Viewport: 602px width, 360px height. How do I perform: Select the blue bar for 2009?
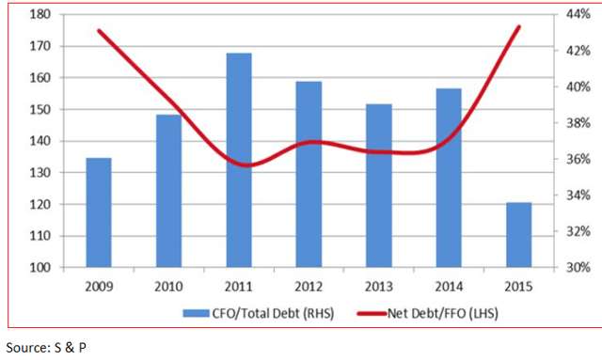99,212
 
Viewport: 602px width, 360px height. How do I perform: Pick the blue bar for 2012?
309,174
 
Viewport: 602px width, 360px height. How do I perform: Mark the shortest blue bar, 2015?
518,235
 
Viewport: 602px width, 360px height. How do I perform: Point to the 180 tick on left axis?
40,15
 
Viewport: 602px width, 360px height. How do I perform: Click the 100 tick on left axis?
40,268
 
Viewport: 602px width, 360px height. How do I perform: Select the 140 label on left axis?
40,142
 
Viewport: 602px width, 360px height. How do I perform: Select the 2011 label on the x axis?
239,286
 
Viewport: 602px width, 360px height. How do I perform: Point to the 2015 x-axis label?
518,286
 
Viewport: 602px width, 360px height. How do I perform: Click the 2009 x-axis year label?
99,286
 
